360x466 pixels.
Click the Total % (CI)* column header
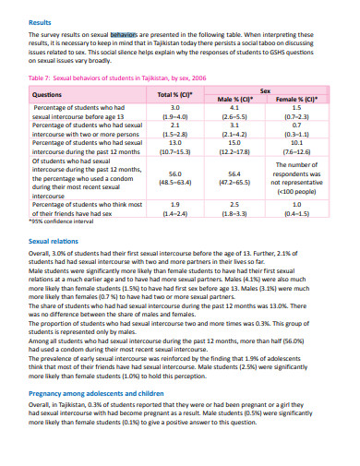174,95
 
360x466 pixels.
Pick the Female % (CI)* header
296,99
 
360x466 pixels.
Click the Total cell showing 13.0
174,143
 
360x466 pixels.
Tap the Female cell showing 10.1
296,143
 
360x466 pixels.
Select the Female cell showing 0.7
296,125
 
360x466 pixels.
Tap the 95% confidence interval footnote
64,222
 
